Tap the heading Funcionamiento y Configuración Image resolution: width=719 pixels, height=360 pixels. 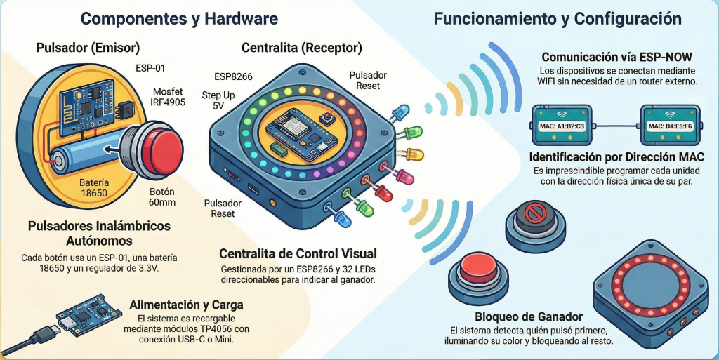[x=558, y=18]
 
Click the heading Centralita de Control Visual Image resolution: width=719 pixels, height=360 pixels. [x=298, y=253]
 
